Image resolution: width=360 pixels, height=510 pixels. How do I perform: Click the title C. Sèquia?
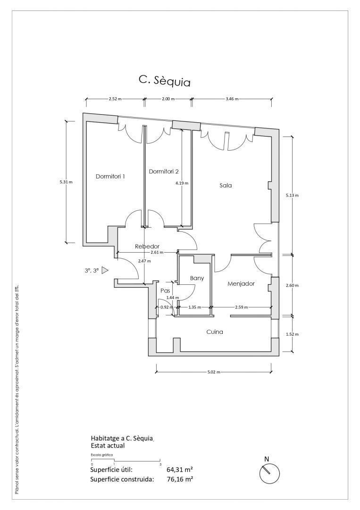point(164,81)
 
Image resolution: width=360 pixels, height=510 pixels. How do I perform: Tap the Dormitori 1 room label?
point(110,176)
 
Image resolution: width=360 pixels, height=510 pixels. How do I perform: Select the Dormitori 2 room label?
point(164,171)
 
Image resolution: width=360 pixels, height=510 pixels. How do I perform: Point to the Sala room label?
point(226,186)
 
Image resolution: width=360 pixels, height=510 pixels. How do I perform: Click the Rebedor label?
point(147,246)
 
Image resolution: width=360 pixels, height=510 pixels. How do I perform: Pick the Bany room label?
point(197,278)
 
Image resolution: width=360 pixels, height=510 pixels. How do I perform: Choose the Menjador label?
point(241,284)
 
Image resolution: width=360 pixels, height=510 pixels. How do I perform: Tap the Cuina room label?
point(215,332)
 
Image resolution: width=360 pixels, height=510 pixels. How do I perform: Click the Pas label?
point(166,291)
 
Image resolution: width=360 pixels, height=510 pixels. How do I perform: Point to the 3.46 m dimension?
point(232,99)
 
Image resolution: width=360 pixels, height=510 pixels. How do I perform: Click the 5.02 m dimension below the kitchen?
point(214,372)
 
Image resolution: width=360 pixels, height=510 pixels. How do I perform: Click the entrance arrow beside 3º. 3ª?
point(105,270)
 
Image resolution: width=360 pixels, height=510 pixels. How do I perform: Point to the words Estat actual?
point(108,446)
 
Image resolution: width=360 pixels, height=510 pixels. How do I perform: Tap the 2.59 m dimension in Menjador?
point(242,307)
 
